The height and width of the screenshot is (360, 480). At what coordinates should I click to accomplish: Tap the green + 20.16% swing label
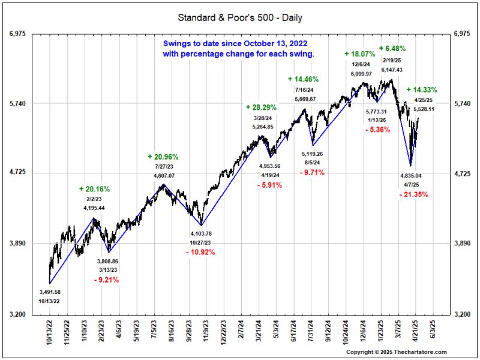click(x=94, y=189)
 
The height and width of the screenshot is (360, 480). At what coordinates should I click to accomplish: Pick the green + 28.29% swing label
click(x=261, y=107)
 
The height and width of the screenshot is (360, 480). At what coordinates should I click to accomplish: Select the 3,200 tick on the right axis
click(x=463, y=314)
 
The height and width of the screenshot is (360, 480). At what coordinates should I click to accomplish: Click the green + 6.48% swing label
click(x=392, y=48)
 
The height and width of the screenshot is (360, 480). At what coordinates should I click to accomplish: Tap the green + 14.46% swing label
click(x=303, y=79)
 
